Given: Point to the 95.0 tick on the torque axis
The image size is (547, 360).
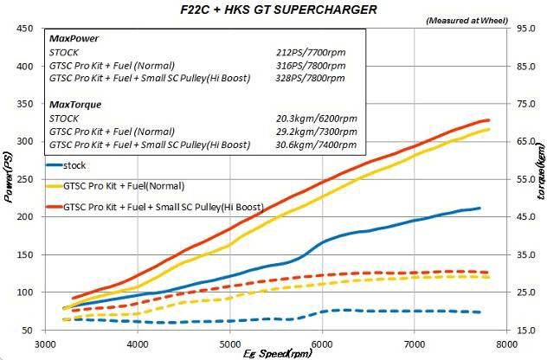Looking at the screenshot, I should (525, 28).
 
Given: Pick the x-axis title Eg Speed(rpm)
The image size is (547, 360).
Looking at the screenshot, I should (276, 353).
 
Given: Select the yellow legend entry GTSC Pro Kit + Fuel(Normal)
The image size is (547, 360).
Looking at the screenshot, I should (125, 184).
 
